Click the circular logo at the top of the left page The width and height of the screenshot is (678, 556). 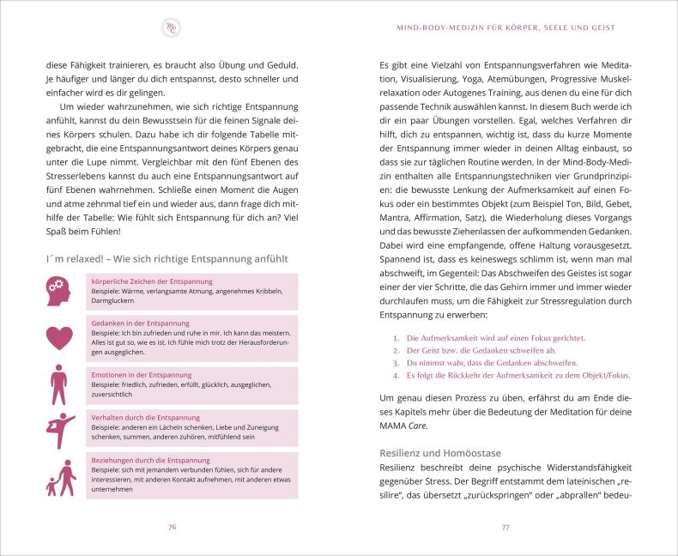point(171,27)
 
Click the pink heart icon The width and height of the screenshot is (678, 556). point(58,337)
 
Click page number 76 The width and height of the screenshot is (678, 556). point(172,526)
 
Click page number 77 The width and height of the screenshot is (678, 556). point(505,526)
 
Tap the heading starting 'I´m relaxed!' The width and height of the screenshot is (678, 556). point(161,258)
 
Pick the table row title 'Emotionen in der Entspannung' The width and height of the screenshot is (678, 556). point(141,375)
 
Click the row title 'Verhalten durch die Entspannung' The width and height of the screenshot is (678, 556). point(145,417)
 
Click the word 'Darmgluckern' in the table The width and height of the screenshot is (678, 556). point(112,301)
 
